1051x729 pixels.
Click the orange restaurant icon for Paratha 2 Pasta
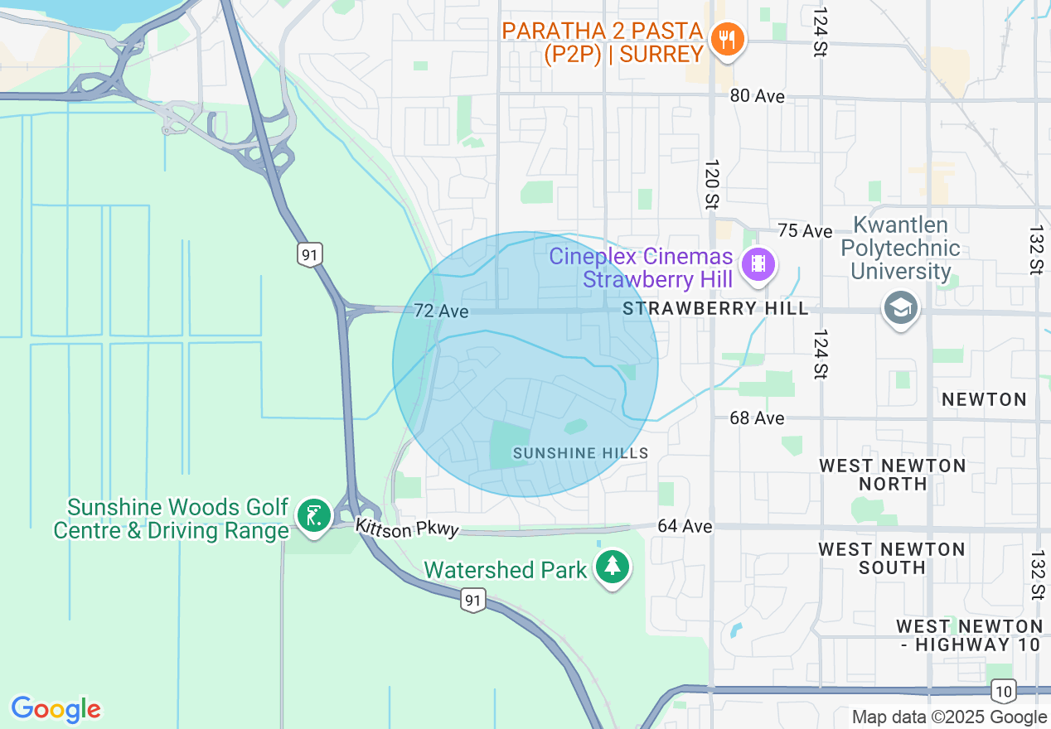(x=727, y=40)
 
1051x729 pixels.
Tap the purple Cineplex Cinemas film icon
(x=758, y=265)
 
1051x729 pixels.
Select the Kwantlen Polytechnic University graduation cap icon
(x=900, y=307)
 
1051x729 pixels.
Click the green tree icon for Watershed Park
(x=612, y=567)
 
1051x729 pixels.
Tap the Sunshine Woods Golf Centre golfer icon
(x=313, y=516)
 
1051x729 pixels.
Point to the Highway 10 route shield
(x=1002, y=690)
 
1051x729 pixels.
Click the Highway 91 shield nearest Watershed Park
(x=472, y=601)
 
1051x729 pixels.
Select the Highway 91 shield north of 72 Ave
(x=310, y=254)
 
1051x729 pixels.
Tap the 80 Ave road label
(x=757, y=96)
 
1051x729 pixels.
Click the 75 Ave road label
(x=804, y=230)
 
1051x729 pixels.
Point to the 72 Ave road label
(x=441, y=311)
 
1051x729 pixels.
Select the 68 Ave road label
(x=757, y=418)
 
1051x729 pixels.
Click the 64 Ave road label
(x=685, y=526)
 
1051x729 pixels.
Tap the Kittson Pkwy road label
(x=407, y=528)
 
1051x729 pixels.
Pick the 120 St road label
(x=712, y=184)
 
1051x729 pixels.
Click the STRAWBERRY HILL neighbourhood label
(x=715, y=309)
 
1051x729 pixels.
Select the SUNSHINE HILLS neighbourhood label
(x=580, y=453)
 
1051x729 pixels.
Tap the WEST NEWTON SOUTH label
(x=892, y=558)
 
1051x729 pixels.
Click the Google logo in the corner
(x=56, y=709)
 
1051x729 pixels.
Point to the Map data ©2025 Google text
(x=949, y=717)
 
